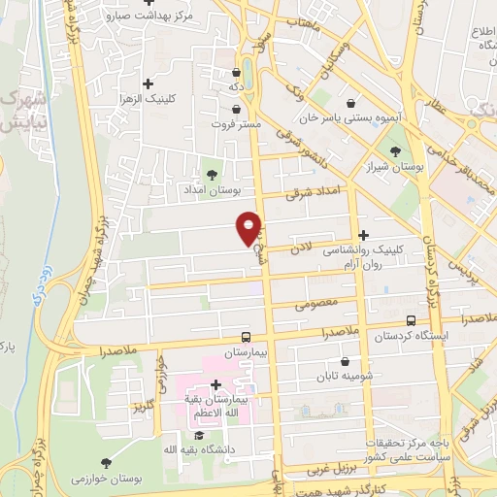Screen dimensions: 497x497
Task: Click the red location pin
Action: (249, 227)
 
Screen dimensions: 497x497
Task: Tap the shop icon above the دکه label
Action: (237, 72)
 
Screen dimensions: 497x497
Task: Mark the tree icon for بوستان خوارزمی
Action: (104, 462)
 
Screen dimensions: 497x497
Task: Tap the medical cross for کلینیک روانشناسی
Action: (363, 235)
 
